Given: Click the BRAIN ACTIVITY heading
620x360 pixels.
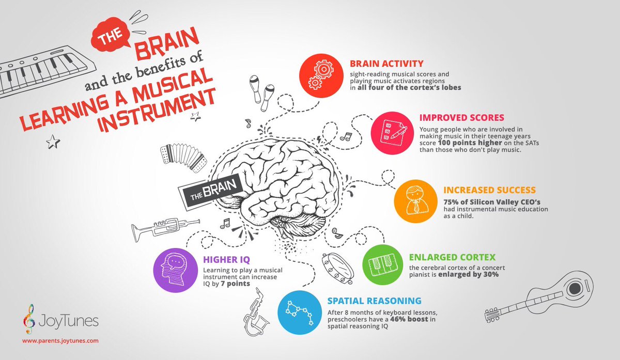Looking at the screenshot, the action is point(386,64).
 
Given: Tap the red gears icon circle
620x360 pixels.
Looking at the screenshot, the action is point(321,75).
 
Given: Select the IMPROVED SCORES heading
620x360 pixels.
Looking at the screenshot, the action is point(461,118).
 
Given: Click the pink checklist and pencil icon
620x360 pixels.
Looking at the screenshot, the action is point(392,133).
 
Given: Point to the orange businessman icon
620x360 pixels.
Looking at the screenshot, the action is point(415,201).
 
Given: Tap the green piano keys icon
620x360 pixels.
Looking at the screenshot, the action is point(383,265).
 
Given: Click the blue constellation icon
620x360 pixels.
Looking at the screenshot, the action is point(300,312).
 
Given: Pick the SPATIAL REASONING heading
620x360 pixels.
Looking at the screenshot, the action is point(374,301).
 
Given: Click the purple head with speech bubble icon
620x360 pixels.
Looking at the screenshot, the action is point(176,270).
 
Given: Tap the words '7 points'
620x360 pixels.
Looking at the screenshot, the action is point(235,284).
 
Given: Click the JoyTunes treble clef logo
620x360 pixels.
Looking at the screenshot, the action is point(29,319).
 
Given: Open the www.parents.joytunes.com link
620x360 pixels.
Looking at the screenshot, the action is point(60,340).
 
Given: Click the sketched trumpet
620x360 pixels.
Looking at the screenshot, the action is point(165,229).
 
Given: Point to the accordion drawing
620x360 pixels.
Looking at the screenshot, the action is point(183,157).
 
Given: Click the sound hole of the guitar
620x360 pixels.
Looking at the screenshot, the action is point(575,289).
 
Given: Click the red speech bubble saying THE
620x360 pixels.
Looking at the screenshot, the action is point(111,35).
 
